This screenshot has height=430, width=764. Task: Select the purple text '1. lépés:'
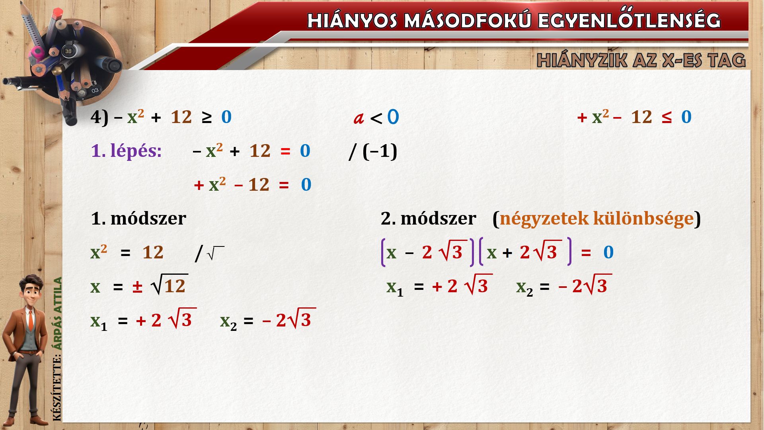(x=127, y=151)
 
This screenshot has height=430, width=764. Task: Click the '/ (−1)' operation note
(x=373, y=151)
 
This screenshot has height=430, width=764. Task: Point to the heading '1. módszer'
(x=138, y=218)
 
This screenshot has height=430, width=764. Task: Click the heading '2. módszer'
(x=429, y=218)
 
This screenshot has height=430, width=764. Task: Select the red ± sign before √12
(x=138, y=287)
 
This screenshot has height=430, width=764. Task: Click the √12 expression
(x=170, y=285)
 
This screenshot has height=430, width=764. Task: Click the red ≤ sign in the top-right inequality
(x=667, y=117)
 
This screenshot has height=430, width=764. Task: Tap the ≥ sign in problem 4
(x=207, y=117)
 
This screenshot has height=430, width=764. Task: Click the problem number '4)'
(x=99, y=117)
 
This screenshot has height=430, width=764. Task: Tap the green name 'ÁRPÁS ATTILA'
(x=58, y=313)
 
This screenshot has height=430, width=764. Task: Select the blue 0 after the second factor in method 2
(x=608, y=252)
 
